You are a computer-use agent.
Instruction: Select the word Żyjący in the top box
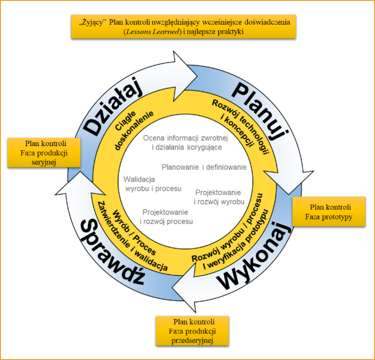[x=93, y=23]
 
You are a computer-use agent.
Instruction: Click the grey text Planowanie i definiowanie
[x=204, y=167]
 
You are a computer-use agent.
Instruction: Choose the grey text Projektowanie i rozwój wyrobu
[x=219, y=197]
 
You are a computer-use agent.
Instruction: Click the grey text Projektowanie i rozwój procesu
[x=166, y=216]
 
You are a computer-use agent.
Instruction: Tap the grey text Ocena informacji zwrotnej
[x=183, y=138]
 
